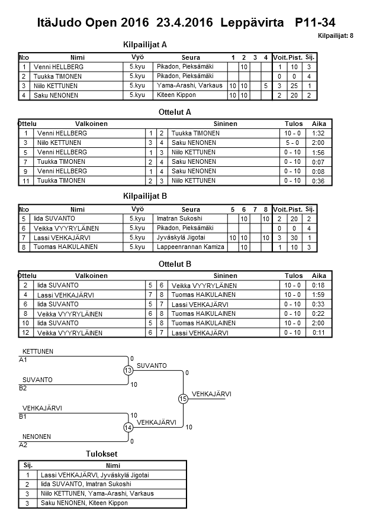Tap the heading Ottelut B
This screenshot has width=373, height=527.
coord(175,264)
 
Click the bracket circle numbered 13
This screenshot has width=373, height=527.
coord(128,370)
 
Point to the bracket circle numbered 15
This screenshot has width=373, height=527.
coord(183,399)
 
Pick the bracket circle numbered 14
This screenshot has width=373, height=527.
coord(128,427)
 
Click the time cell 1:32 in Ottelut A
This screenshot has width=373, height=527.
coord(318,133)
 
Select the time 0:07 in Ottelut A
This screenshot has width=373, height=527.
coord(318,161)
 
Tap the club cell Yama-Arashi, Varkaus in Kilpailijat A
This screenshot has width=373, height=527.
coord(189,86)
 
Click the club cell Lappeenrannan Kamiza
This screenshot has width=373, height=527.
coord(190,247)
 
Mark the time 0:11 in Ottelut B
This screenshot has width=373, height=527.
coord(319,332)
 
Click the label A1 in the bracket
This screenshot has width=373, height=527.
coord(24,360)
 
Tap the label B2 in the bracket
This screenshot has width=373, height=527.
coord(24,388)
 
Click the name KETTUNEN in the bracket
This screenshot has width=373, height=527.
coord(38,351)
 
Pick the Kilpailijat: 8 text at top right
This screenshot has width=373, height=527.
coord(336,36)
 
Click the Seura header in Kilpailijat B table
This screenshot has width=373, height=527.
coord(191,209)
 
